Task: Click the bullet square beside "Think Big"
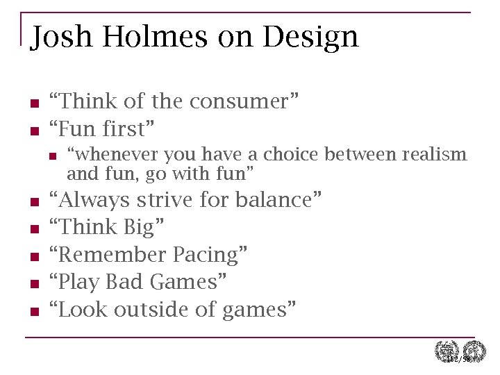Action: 33,230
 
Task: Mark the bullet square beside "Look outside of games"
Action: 33,312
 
